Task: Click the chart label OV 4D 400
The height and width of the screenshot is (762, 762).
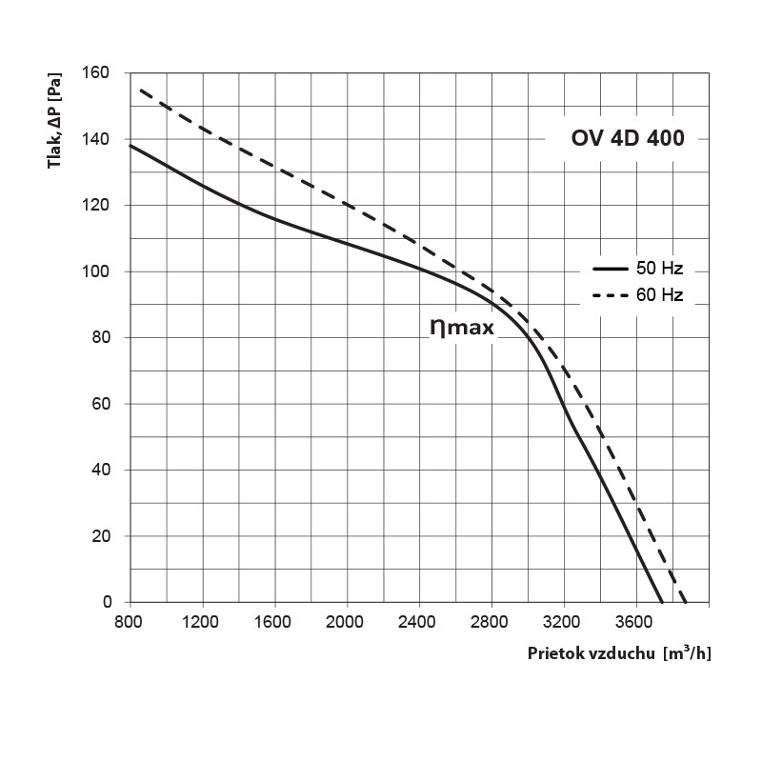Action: pos(627,137)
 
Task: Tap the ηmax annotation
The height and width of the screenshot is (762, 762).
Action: pos(462,327)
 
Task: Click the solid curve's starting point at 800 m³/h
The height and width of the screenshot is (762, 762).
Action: pos(130,146)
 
